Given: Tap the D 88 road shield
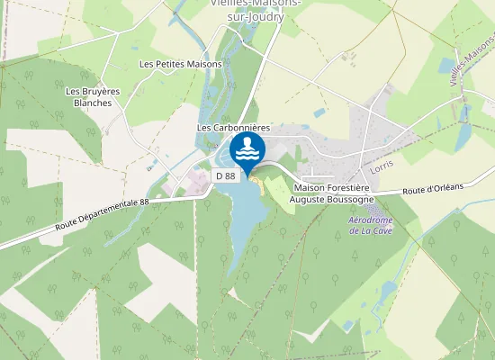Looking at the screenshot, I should point(226,175).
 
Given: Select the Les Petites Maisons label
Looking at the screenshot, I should point(181,64).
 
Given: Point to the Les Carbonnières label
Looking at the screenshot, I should point(233,129).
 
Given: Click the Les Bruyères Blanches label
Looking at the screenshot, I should point(94,96).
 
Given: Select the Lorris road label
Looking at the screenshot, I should point(383,167).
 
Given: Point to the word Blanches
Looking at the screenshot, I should point(94,103).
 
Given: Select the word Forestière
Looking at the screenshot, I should point(348,186).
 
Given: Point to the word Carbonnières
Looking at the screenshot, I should point(240,129).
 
